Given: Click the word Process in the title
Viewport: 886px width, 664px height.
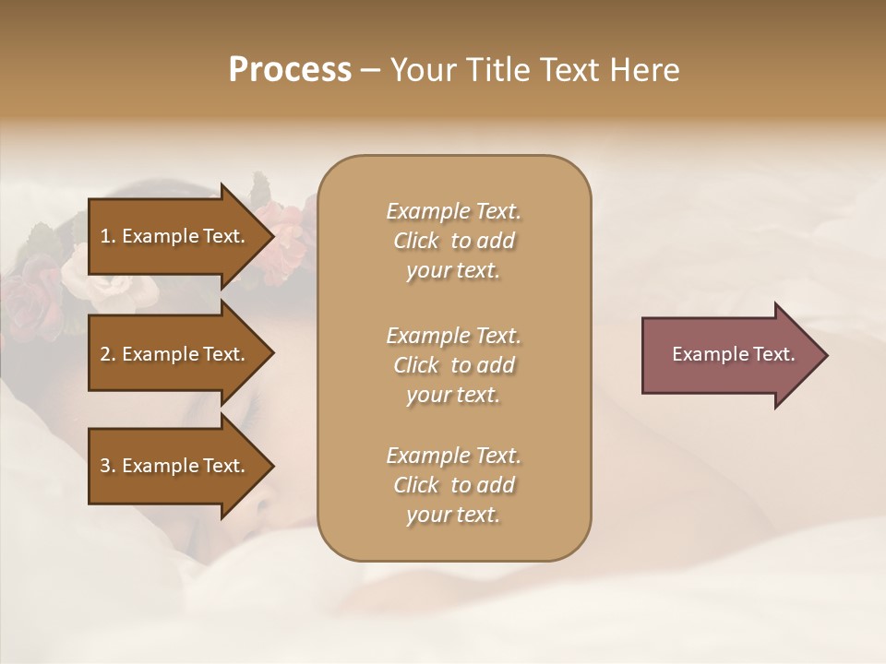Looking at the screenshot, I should pyautogui.click(x=290, y=70).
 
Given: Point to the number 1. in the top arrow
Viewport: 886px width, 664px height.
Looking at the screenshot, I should pyautogui.click(x=108, y=236).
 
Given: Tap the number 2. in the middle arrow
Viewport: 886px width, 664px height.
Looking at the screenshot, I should pyautogui.click(x=108, y=354).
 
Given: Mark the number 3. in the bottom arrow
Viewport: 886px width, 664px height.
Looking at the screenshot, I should pyautogui.click(x=108, y=466).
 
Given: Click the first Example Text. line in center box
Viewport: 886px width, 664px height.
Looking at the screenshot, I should pyautogui.click(x=453, y=211).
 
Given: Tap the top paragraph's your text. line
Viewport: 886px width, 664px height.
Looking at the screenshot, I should pyautogui.click(x=453, y=270).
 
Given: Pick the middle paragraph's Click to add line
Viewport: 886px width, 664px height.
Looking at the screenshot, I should pyautogui.click(x=453, y=365).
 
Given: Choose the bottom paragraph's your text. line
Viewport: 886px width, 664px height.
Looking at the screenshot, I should pyautogui.click(x=453, y=515).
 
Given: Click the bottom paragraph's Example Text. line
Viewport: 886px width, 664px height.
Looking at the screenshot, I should pyautogui.click(x=453, y=456).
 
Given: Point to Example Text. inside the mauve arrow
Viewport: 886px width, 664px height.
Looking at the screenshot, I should pyautogui.click(x=734, y=354).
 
